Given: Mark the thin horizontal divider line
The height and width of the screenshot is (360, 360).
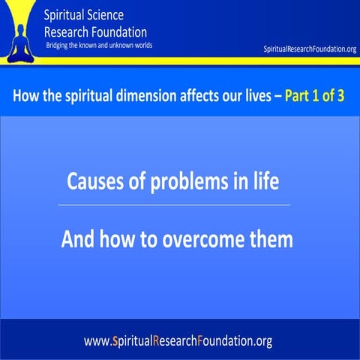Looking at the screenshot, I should [x=173, y=205].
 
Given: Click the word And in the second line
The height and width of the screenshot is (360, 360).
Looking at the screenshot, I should [x=78, y=241].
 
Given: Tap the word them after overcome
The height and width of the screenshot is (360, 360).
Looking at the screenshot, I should [x=268, y=241].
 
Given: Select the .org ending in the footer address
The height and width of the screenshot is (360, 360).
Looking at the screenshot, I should [x=260, y=341].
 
